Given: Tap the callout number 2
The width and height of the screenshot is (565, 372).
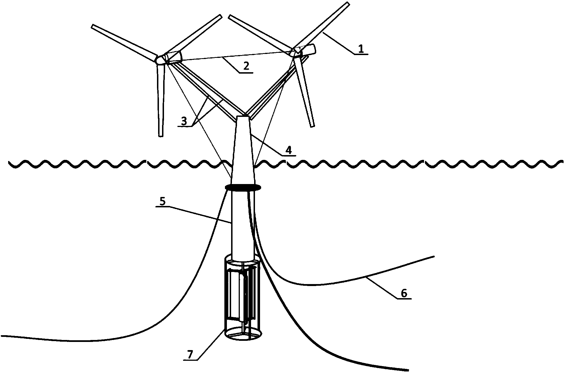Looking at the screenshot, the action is [x=246, y=66].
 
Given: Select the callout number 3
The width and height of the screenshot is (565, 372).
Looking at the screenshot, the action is [x=184, y=121].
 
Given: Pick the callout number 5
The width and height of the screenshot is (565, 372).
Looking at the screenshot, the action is [x=162, y=201].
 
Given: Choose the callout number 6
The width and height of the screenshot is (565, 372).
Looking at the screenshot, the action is [x=404, y=293].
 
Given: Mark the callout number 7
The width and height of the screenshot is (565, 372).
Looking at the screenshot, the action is [x=190, y=355].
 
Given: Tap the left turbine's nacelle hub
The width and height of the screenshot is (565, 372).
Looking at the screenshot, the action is [x=168, y=58].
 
